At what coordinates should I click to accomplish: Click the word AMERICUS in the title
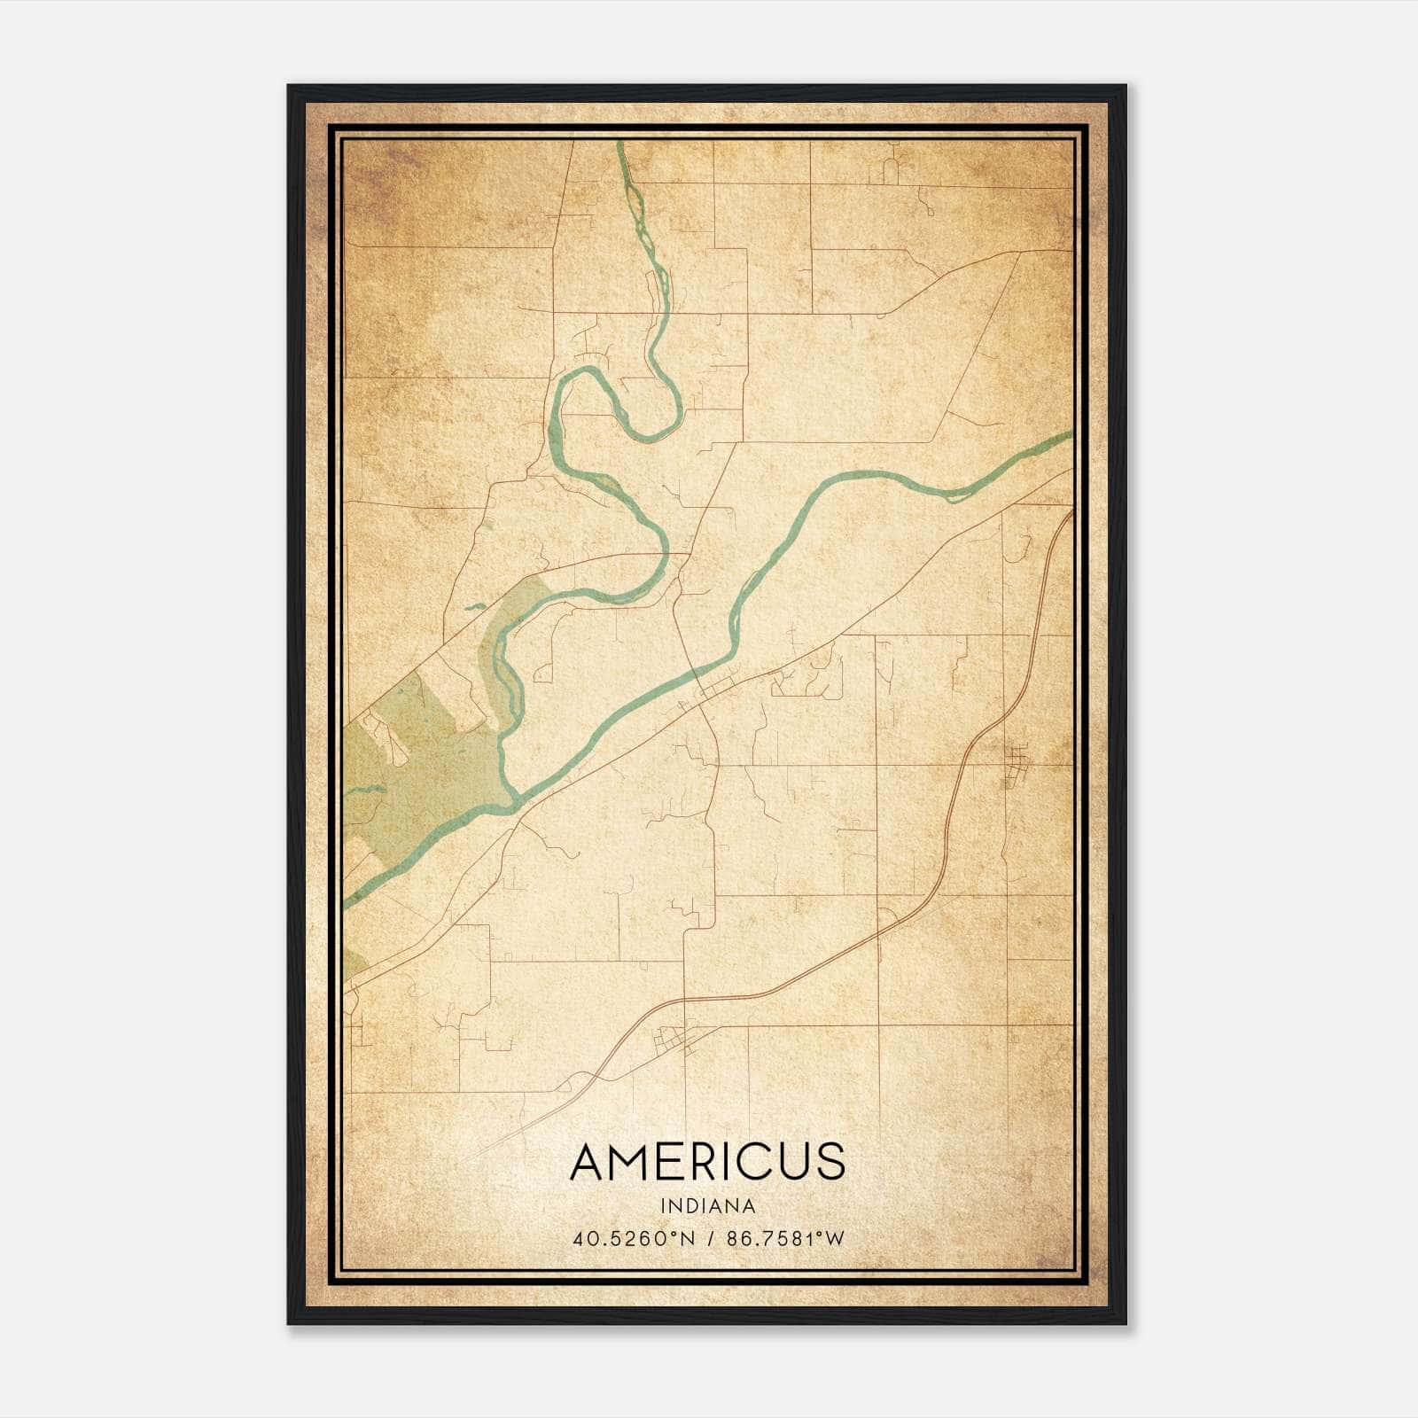707,1162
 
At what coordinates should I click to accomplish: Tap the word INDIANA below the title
707,1206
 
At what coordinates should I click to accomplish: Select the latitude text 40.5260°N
634,1238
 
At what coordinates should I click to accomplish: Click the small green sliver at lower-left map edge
353,966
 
